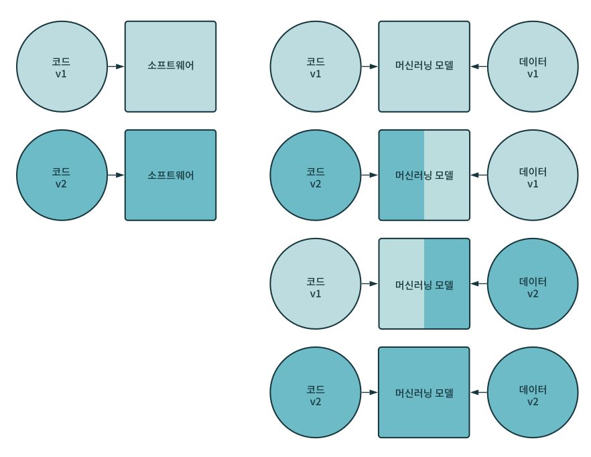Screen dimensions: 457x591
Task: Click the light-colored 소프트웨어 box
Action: (170, 66)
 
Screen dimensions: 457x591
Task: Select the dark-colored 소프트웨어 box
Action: (170, 175)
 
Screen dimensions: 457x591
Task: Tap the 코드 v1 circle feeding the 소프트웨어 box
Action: (62, 66)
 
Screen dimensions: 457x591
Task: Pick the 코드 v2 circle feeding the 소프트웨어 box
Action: (62, 175)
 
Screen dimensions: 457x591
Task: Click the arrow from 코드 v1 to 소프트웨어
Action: (116, 66)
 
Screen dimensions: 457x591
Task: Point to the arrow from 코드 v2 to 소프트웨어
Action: (116, 175)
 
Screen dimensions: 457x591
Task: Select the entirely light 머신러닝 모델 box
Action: (424, 66)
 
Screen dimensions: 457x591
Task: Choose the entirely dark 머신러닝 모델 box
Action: (424, 392)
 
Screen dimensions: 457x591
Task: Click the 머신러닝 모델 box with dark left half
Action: (424, 175)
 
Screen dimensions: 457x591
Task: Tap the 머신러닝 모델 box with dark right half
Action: (424, 283)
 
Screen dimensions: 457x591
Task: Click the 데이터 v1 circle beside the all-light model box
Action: (533, 66)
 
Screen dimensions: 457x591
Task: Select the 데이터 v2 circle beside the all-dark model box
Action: (533, 392)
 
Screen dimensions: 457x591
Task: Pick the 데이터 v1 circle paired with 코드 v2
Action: (533, 175)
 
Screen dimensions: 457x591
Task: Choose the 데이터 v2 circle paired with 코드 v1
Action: (533, 283)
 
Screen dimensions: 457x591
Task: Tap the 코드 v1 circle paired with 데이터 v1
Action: (316, 66)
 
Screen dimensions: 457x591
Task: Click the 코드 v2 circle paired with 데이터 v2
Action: (316, 392)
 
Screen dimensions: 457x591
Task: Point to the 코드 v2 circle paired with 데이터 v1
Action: (316, 175)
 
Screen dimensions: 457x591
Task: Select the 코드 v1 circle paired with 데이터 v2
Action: (316, 283)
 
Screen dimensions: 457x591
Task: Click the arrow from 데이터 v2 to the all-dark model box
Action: (478, 392)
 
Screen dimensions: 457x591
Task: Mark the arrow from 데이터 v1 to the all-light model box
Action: (478, 66)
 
